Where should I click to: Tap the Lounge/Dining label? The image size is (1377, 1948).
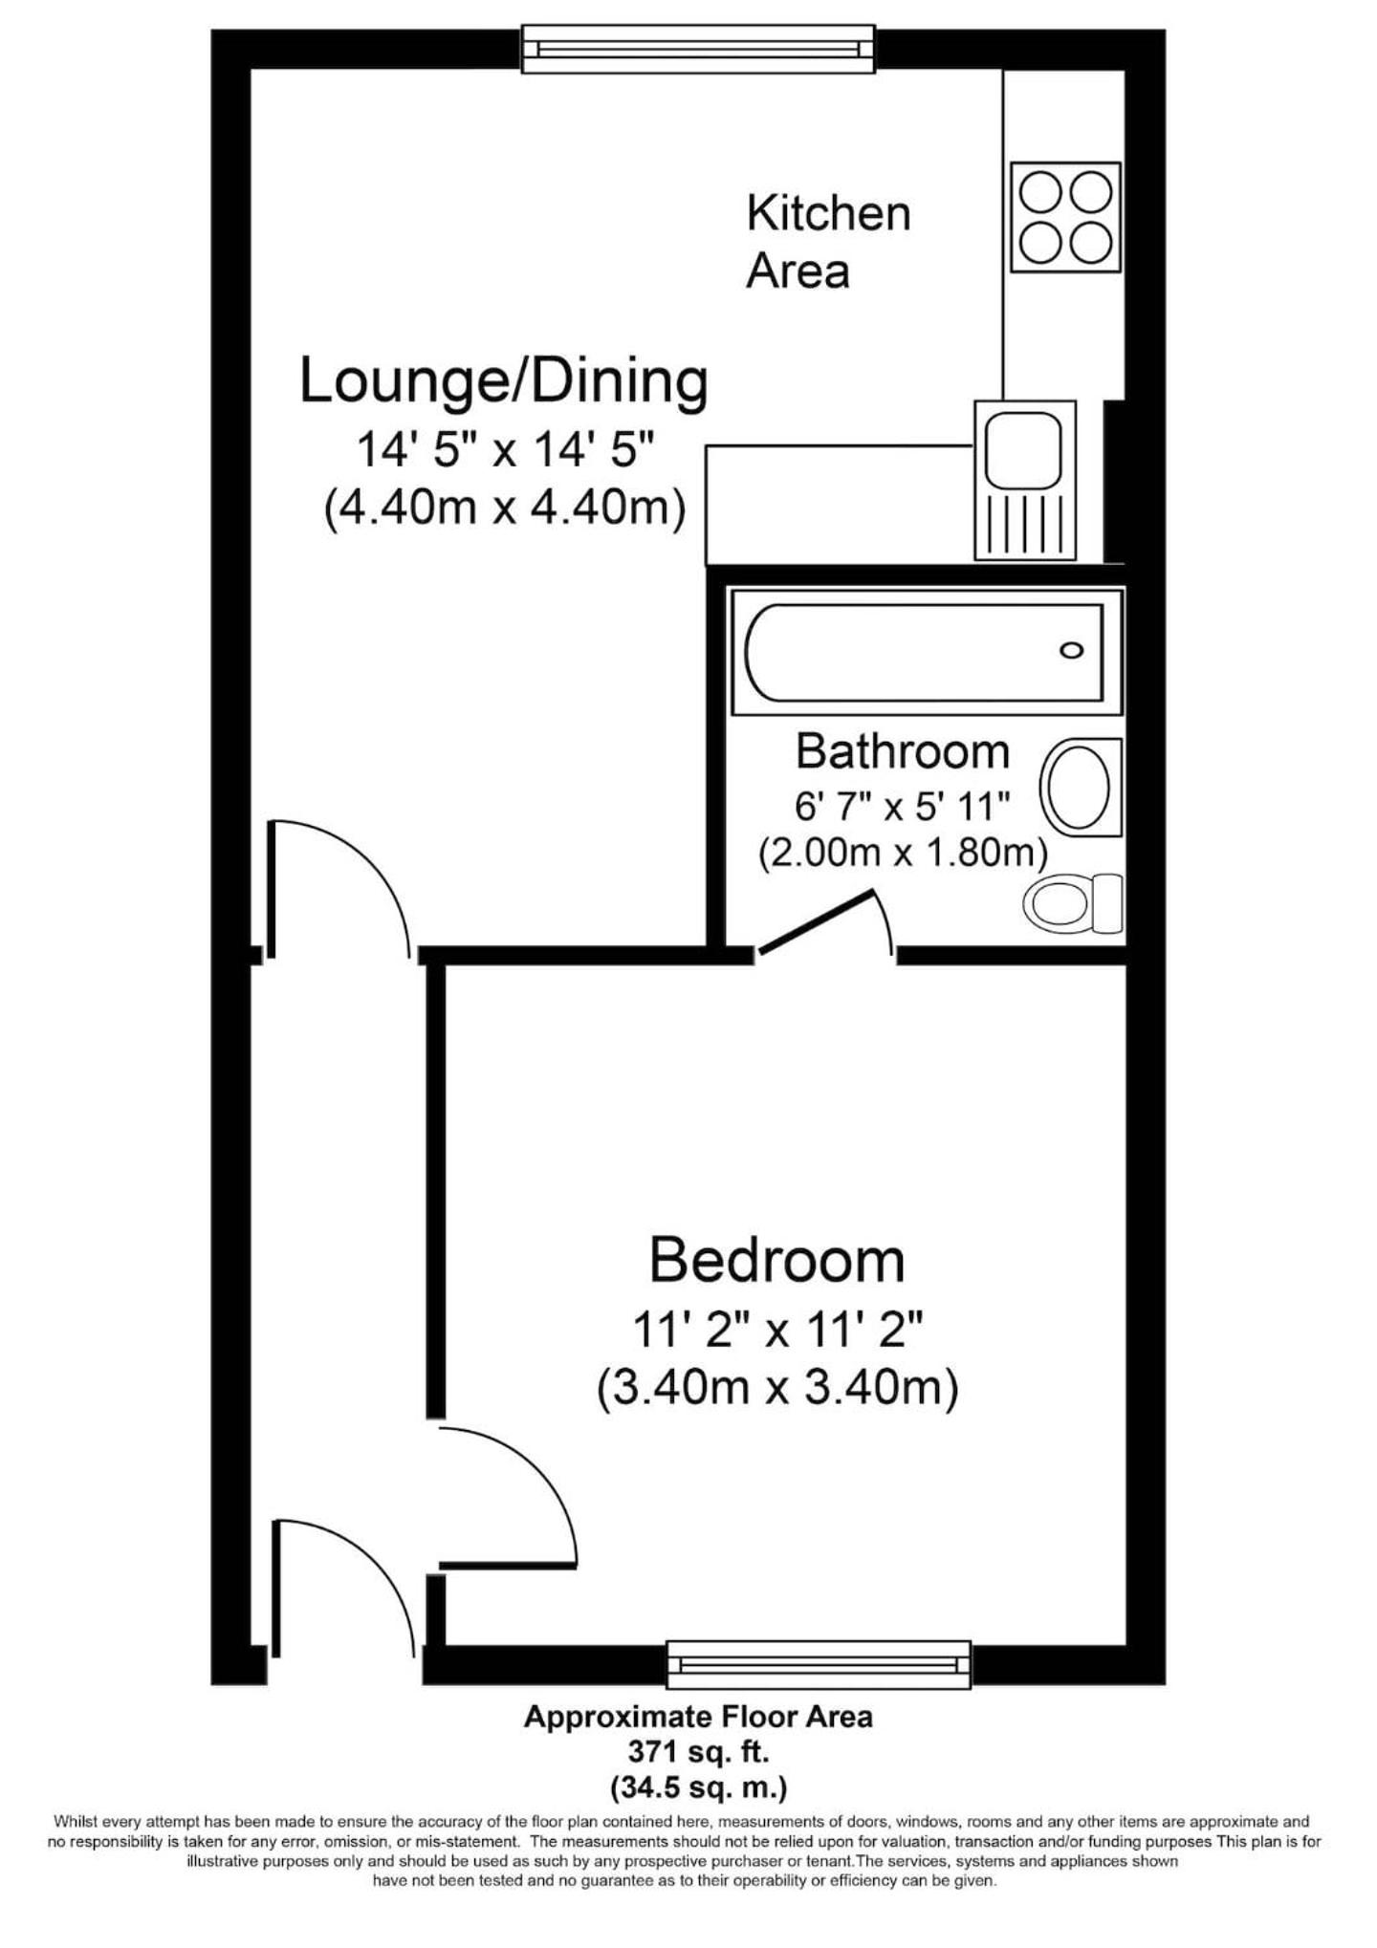click(504, 382)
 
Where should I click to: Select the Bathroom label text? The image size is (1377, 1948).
click(903, 751)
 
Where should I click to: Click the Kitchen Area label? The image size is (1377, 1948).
click(828, 241)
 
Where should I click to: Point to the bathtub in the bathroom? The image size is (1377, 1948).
click(926, 652)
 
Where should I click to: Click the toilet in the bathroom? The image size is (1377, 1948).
click(1073, 902)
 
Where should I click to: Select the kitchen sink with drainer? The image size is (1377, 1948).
click(1025, 480)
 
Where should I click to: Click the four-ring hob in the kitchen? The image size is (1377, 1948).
click(1065, 217)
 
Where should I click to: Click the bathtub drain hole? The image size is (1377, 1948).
click(1072, 651)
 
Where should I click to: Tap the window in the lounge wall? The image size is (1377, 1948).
click(698, 50)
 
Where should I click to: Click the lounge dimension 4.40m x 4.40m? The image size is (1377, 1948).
click(505, 509)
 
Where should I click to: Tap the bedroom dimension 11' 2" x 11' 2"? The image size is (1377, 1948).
click(777, 1329)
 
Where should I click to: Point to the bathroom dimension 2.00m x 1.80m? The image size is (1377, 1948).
click(903, 852)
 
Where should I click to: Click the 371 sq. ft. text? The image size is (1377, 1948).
click(698, 1752)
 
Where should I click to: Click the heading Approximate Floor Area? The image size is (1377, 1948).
click(698, 1718)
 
